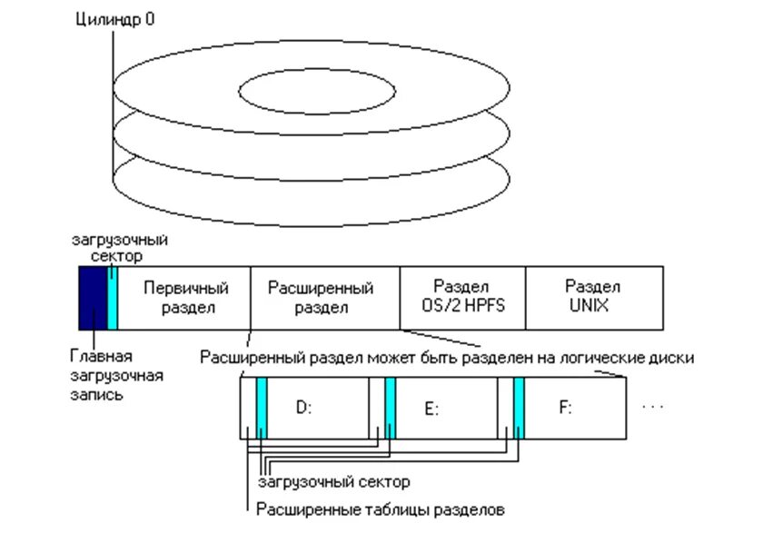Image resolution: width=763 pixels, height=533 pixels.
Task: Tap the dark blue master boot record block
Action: click(92, 297)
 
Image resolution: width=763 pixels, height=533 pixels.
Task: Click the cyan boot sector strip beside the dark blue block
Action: click(112, 297)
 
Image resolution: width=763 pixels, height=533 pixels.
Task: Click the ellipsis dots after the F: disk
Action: click(653, 407)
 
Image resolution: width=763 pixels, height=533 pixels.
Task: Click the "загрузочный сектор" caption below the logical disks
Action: click(333, 480)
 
